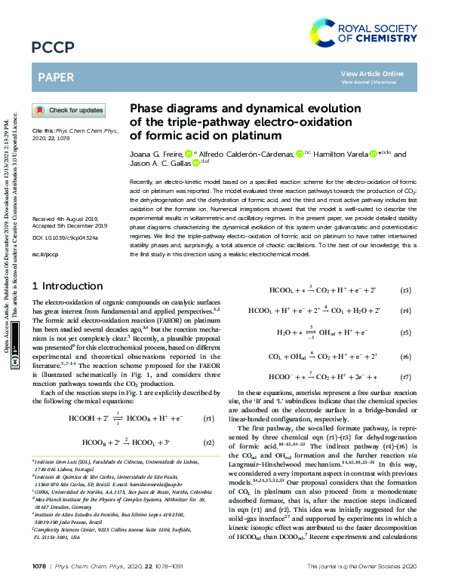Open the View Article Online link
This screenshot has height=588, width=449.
coord(383,73)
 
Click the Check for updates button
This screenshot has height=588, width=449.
coord(68,111)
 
